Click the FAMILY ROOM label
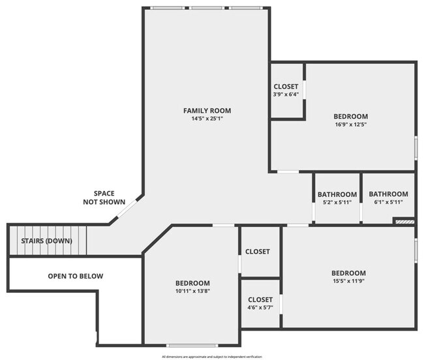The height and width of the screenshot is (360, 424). coord(207,110)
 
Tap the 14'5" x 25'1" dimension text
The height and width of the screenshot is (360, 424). coord(207,119)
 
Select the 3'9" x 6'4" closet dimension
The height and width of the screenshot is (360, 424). coord(286,95)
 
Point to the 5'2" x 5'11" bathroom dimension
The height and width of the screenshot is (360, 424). coord(337,202)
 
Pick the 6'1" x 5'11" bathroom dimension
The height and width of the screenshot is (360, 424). coord(389,202)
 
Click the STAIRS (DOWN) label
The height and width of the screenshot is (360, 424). coord(46,241)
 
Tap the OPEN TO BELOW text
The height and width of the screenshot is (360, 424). coord(76,276)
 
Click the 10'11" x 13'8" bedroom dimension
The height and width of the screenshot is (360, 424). coord(192,292)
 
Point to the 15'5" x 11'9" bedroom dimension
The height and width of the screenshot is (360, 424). coord(348,282)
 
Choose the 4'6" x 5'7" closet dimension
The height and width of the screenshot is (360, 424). coord(260,308)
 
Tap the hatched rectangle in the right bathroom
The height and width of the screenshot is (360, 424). coord(404,222)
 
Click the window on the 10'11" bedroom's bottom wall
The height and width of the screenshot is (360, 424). coord(192,345)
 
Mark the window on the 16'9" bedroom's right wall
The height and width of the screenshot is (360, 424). coord(416,148)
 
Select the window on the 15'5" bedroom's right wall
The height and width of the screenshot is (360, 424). coord(416,250)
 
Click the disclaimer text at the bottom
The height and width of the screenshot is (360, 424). coord(212,357)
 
